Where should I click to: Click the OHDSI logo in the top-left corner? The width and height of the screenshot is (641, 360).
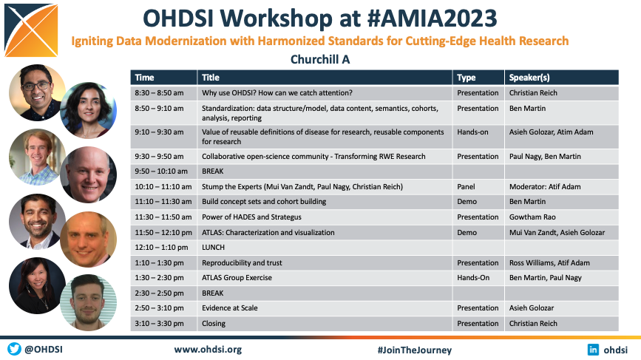[x=31, y=30]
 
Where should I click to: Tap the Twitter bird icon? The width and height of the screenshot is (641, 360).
[x=14, y=349]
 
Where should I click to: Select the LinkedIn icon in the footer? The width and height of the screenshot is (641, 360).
[x=593, y=350]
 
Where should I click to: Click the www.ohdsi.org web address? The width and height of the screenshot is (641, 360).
[x=208, y=350]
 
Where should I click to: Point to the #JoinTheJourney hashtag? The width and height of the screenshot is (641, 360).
[x=415, y=350]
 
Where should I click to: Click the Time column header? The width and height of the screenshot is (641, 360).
[x=144, y=78]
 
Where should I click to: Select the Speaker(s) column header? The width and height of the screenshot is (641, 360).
[x=529, y=78]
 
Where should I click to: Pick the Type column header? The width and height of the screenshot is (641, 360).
[x=467, y=78]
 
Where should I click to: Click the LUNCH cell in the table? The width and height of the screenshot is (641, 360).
[x=213, y=247]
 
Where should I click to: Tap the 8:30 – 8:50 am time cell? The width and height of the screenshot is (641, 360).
[x=159, y=92]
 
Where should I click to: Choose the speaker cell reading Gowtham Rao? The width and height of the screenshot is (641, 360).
[x=532, y=217]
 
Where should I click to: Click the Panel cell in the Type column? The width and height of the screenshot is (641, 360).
[x=466, y=187]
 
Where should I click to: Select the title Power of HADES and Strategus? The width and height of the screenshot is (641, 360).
[x=251, y=217]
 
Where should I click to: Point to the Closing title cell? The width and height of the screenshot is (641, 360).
[x=214, y=323]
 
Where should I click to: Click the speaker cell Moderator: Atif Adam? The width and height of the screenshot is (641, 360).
[x=545, y=187]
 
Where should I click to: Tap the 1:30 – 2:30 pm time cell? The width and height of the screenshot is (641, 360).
[x=159, y=277]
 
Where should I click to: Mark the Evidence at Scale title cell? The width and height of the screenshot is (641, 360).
[x=230, y=308]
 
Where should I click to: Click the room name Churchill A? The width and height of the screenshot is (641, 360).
[x=320, y=60]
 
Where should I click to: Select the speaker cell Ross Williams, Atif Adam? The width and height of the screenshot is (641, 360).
[x=549, y=262]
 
